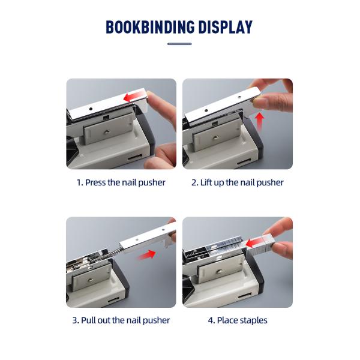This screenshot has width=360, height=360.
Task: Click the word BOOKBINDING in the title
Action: tap(150, 27)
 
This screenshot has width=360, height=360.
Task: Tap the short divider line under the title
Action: tap(179, 44)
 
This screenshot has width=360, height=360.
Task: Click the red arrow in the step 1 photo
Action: tap(133, 97)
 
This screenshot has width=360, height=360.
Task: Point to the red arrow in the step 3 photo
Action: tap(147, 254)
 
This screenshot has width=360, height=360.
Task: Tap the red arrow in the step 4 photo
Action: tap(256, 243)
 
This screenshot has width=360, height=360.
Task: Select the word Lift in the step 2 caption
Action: tap(206, 182)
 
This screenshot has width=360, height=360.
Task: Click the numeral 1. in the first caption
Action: tap(80, 183)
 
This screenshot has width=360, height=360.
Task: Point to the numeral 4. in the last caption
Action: tap(211, 320)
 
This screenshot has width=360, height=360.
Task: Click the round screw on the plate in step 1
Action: tap(107, 131)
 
